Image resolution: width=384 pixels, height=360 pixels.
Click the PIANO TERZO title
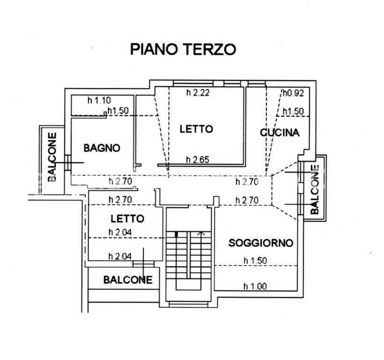point(183,49)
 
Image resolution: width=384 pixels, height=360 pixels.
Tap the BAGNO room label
point(102,148)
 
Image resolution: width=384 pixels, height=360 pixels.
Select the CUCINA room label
point(280,133)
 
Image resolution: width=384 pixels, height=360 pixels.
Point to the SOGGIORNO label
point(261,243)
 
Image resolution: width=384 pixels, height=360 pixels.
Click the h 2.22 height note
point(198,93)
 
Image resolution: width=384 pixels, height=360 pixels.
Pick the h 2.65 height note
point(198,160)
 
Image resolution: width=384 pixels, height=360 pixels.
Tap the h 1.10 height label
point(99,100)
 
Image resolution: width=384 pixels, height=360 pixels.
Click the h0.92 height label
point(294,93)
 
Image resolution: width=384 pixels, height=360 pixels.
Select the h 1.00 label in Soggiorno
point(255,286)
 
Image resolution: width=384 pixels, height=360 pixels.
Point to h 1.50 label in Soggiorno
point(255,261)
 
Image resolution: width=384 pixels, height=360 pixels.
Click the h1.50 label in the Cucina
point(293,112)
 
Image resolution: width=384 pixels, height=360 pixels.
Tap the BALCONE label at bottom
point(128,280)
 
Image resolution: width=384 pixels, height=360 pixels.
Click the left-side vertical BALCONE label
point(52,157)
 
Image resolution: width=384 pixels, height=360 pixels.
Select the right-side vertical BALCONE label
point(315,189)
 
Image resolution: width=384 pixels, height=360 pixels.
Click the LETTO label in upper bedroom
point(196,129)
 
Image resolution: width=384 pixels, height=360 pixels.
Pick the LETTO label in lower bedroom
point(127,219)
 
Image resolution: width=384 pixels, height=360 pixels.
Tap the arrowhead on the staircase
point(201,233)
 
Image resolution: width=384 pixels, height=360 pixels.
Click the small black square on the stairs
point(176,234)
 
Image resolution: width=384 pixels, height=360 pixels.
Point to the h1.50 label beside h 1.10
point(118,111)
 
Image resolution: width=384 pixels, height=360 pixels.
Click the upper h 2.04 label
point(120,232)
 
